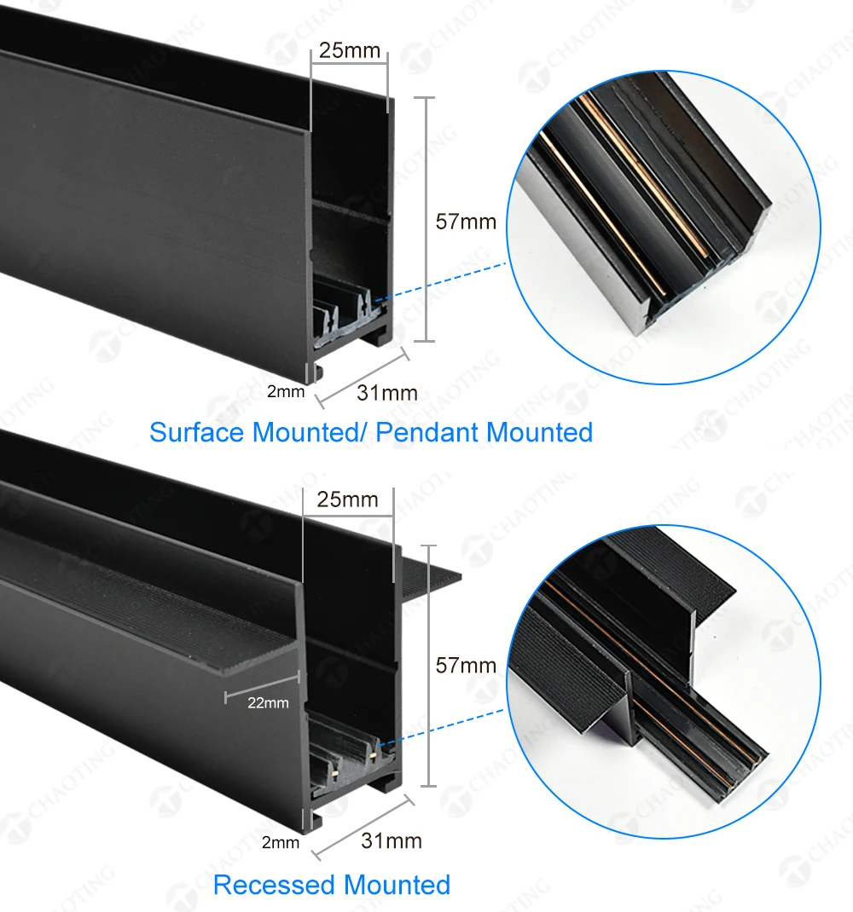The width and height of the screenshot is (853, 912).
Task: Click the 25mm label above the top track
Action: click(x=350, y=50)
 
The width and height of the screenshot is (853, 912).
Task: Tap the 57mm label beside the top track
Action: click(x=466, y=222)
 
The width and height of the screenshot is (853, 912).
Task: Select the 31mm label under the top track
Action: click(x=387, y=393)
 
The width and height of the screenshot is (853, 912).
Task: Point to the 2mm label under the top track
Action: click(x=286, y=392)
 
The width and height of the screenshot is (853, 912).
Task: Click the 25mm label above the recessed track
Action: click(x=348, y=499)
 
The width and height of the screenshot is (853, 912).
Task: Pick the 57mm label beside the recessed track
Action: click(x=466, y=666)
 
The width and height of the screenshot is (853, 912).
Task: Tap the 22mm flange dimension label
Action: click(x=269, y=703)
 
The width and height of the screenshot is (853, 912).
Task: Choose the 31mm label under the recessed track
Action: click(x=392, y=841)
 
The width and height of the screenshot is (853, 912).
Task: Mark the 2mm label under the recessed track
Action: click(x=281, y=843)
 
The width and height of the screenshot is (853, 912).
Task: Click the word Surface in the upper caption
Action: click(x=197, y=433)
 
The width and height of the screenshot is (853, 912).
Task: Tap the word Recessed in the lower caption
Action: click(x=275, y=886)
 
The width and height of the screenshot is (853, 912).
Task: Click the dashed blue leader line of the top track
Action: click(x=441, y=283)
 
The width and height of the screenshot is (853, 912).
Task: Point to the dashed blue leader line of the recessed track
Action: click(x=441, y=727)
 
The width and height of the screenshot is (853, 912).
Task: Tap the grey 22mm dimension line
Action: click(x=263, y=686)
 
